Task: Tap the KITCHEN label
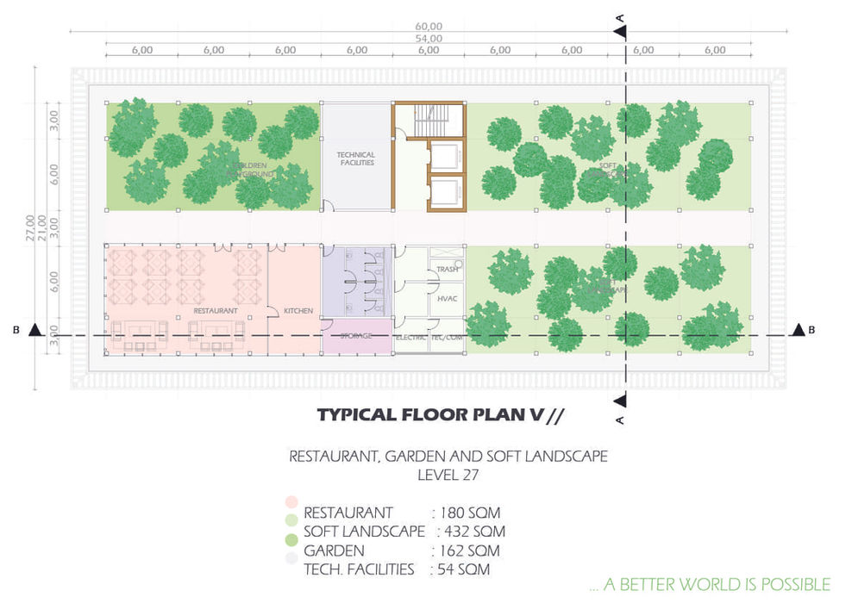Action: [x=298, y=311]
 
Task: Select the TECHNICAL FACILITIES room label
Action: [x=355, y=159]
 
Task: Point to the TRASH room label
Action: [x=447, y=270]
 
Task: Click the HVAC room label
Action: [x=447, y=299]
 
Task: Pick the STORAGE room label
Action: [x=355, y=335]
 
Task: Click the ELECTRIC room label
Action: [x=410, y=337]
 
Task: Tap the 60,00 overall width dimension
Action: [x=429, y=27]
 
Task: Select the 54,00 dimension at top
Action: [x=429, y=39]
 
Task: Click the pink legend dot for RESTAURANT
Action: [x=291, y=502]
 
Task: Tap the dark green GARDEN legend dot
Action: [x=291, y=540]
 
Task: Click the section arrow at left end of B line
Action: [x=34, y=329]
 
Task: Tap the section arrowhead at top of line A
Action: [x=620, y=31]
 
